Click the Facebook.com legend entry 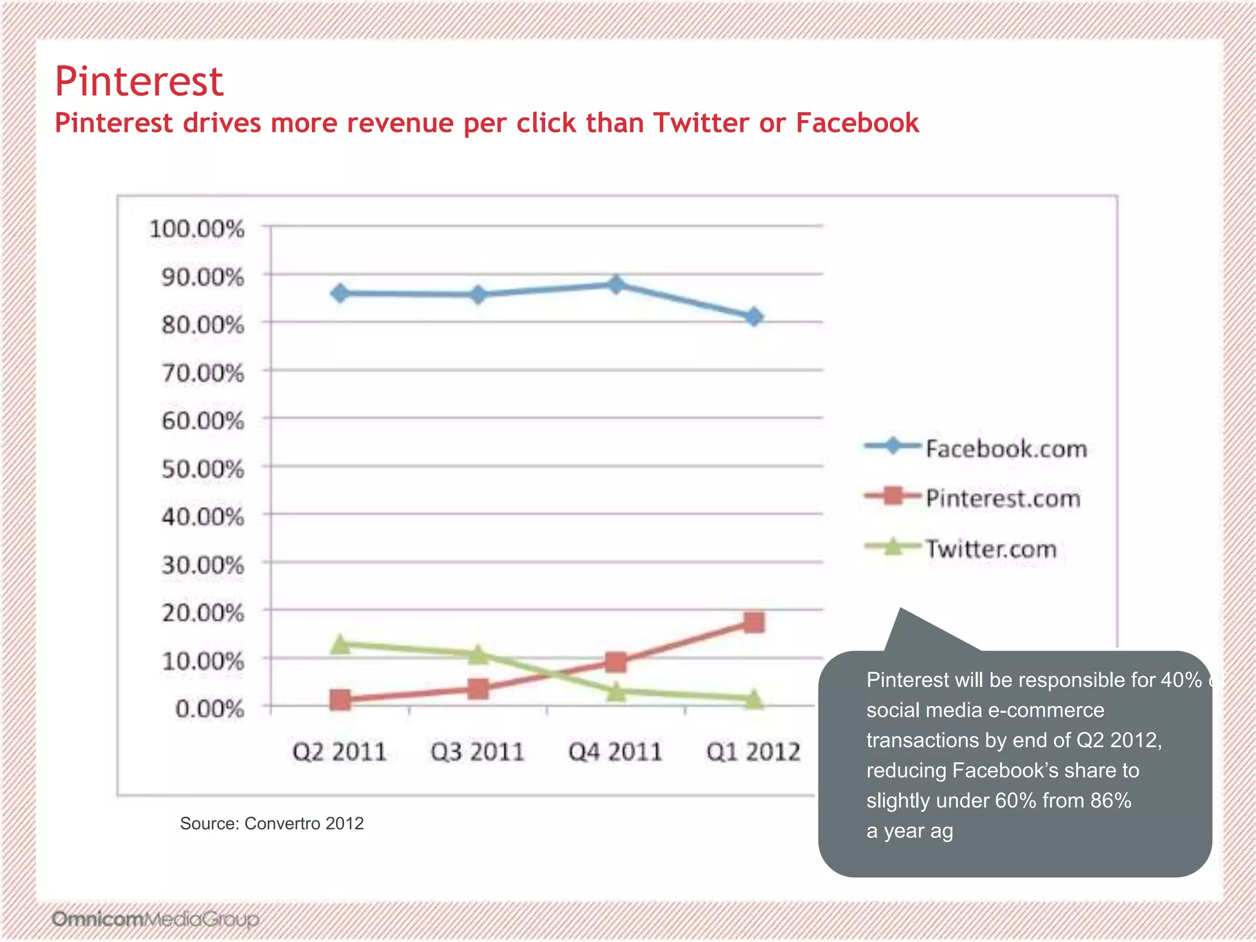coord(1006,449)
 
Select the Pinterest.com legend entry coord(1003,499)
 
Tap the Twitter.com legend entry coord(991,549)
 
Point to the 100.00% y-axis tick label coord(197,229)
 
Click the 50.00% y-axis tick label coord(203,470)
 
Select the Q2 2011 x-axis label coord(339,752)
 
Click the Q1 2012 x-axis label coord(753,752)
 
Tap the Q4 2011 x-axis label coord(615,752)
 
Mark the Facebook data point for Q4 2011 coord(616,284)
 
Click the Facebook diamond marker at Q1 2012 coord(754,317)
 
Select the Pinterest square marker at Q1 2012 coord(754,622)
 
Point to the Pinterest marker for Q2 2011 coord(340,700)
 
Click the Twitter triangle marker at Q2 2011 coord(340,645)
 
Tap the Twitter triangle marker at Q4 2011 coord(616,692)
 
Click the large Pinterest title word coord(139,82)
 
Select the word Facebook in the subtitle coord(857,123)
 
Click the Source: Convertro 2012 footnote coord(272,824)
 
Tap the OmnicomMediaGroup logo coord(155,919)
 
